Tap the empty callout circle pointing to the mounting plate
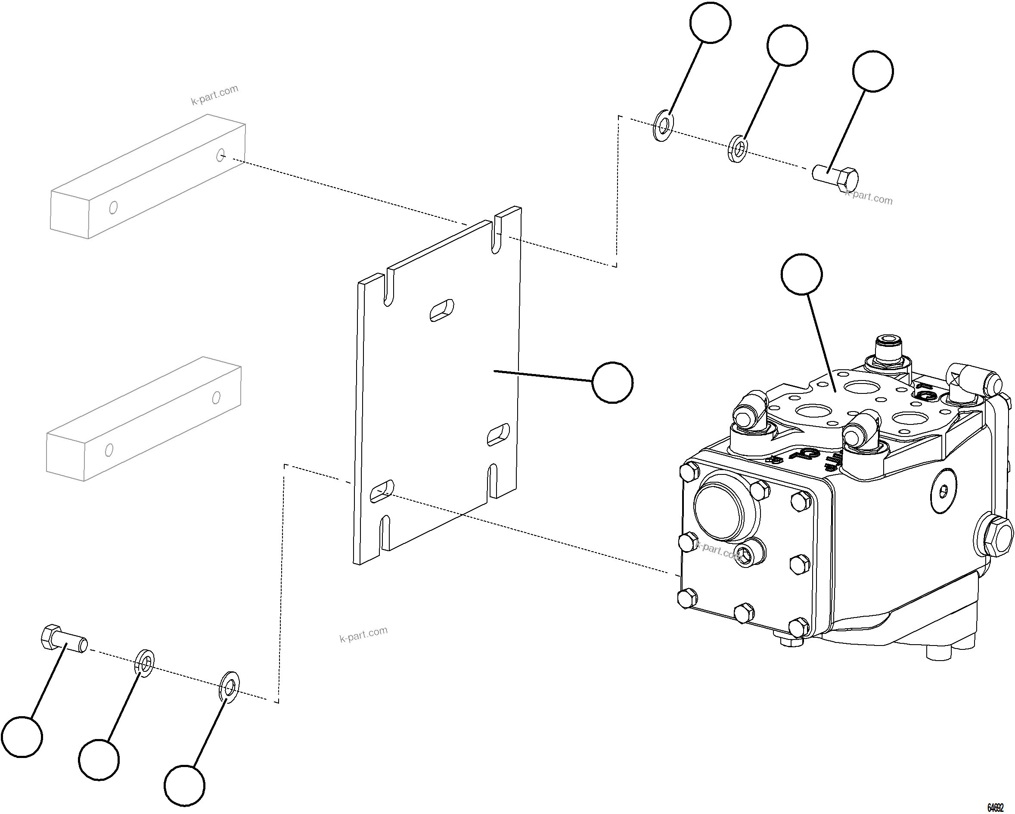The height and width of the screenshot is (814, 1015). [x=612, y=383]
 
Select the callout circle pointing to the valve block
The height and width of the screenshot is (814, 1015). [x=801, y=274]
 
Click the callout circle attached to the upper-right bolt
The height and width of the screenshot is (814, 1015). [x=872, y=71]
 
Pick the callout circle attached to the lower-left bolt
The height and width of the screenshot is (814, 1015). [x=22, y=737]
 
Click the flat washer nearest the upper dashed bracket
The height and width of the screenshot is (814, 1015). [x=663, y=126]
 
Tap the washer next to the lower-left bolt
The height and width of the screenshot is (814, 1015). [x=146, y=664]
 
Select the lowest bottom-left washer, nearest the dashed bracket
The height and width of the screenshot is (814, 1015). [x=230, y=688]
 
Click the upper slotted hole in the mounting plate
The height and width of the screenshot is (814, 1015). [x=442, y=310]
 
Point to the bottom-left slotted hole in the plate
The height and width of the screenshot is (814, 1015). [x=382, y=492]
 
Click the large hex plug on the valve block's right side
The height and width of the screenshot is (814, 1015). [x=996, y=536]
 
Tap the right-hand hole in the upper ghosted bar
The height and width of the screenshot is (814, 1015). [x=220, y=155]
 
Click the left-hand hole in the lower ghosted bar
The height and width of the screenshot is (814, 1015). [x=109, y=450]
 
